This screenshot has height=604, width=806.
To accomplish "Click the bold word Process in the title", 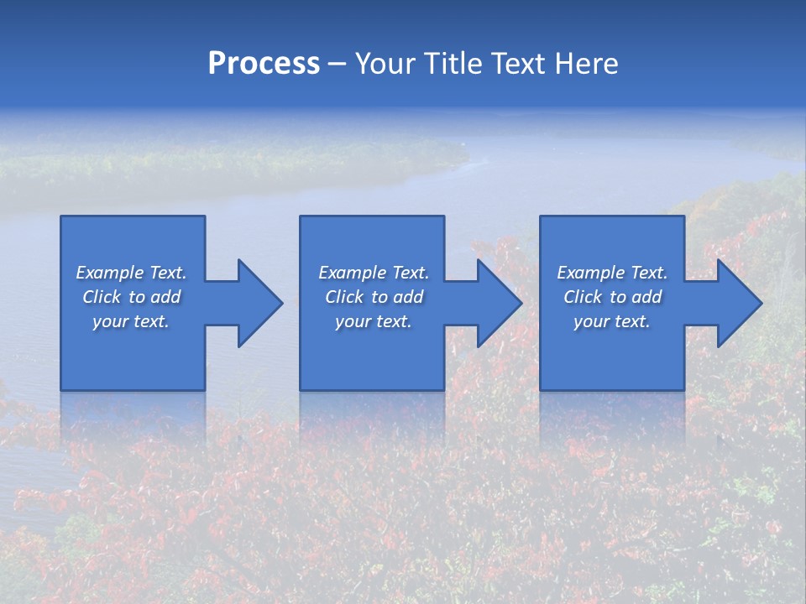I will [264, 64].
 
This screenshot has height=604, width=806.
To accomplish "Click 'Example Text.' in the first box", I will [131, 273].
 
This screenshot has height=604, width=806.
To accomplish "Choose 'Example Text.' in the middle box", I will [374, 273].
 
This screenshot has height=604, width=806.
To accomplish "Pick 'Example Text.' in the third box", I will [612, 273].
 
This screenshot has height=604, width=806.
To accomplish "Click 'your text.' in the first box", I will [131, 321].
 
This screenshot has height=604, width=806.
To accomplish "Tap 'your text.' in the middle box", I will [374, 321].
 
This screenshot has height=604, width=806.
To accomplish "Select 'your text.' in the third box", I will [612, 321].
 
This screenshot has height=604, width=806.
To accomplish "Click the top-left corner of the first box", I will [62, 217].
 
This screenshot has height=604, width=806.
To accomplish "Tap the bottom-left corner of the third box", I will [542, 388].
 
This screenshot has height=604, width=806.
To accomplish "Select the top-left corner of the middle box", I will [301, 217].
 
